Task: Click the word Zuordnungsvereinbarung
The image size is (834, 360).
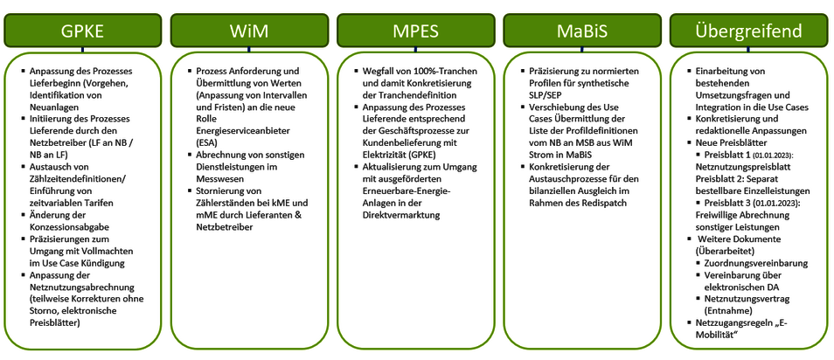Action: pyautogui.click(x=756, y=262)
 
